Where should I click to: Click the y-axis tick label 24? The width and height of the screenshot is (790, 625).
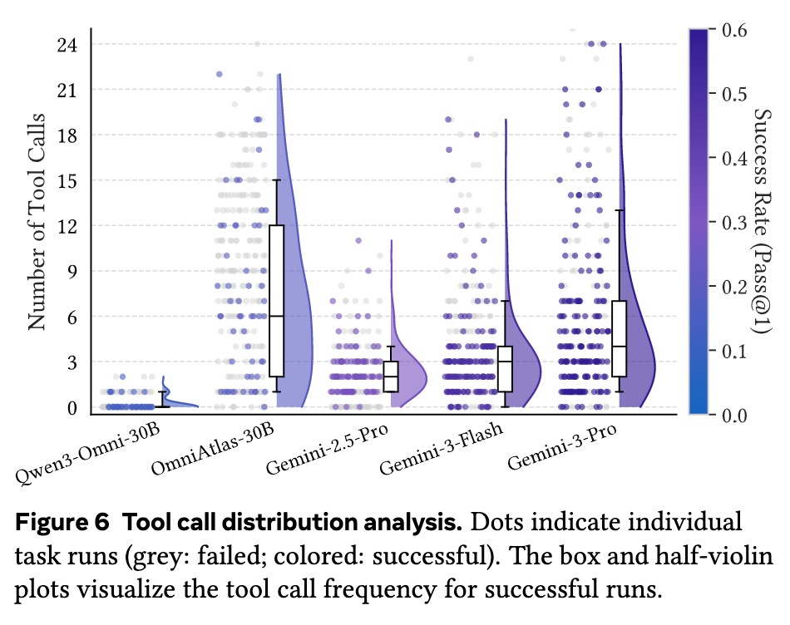click(x=67, y=45)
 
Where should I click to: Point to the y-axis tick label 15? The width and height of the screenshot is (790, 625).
click(x=67, y=181)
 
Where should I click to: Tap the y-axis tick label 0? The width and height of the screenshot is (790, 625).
click(x=72, y=407)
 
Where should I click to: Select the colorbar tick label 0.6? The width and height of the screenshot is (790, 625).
click(x=734, y=30)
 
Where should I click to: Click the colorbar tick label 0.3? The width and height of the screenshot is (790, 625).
click(x=734, y=222)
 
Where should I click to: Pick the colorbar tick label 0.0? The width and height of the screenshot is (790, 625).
click(x=734, y=415)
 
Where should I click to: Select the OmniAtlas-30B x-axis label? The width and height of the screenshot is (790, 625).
click(x=213, y=450)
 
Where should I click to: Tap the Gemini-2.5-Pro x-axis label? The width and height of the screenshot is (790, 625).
click(x=327, y=450)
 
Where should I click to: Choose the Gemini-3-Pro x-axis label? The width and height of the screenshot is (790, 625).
click(x=562, y=446)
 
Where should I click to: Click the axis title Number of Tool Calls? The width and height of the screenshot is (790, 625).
click(x=37, y=222)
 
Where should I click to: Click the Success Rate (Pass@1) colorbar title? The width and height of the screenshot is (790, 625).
click(x=762, y=221)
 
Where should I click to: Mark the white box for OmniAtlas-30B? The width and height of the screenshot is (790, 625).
click(x=277, y=301)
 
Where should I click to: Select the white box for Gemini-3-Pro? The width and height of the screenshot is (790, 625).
click(x=620, y=338)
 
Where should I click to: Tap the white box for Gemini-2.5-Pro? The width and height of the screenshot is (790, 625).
click(x=391, y=376)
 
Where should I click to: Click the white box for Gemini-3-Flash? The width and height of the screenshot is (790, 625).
click(x=505, y=369)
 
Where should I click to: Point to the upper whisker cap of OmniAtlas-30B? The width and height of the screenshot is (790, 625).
click(x=277, y=180)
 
